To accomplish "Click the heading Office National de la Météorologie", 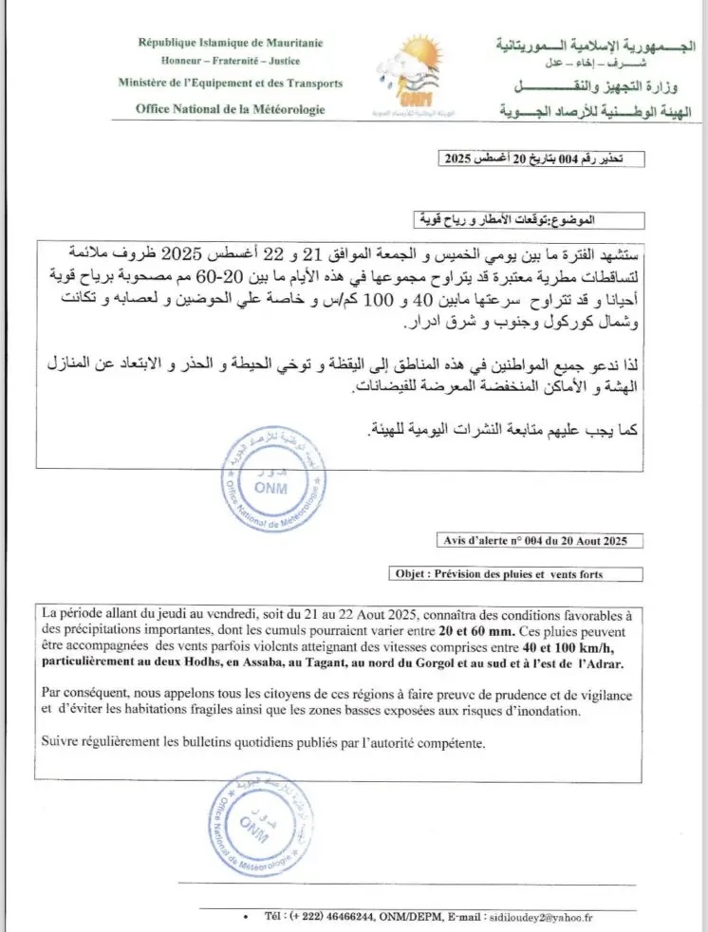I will point(230,109).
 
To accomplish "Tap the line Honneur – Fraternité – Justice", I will point(231,61).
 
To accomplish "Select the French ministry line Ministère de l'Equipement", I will point(231,84).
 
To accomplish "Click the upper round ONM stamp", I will point(275,486).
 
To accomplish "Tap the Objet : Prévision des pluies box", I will point(516,573).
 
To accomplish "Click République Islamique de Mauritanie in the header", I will point(231,43).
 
